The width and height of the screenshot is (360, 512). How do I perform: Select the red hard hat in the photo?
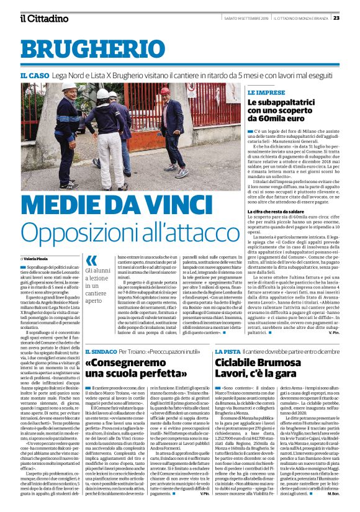(x=164, y=91)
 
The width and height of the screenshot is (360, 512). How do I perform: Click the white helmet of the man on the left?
(x=70, y=87)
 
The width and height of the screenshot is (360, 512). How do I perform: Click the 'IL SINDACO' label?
(x=117, y=335)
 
